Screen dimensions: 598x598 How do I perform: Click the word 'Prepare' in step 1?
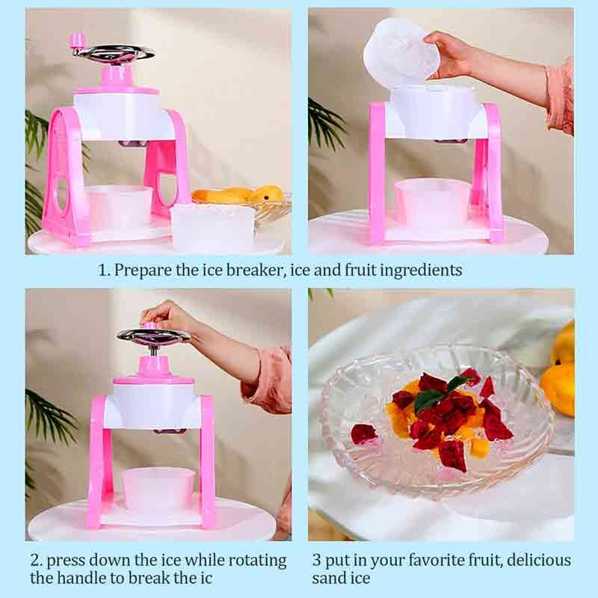coord(143,271)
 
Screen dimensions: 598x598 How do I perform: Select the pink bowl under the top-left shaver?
coord(118,207)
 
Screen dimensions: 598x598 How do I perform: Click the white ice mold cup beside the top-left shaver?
coord(212,226)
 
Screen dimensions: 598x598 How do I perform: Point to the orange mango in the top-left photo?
coord(240,195)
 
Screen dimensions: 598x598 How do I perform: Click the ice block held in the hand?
coord(399,53)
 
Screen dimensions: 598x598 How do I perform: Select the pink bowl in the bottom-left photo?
coord(158,490)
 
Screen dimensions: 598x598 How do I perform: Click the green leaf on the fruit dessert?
coord(433,397)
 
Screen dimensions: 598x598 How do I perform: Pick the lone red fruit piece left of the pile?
coord(363,434)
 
